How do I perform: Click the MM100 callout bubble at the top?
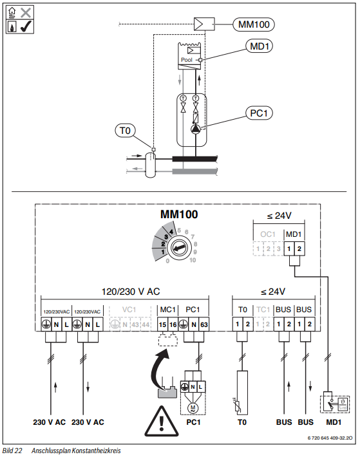(254, 24)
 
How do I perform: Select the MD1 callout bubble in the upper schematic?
(259, 46)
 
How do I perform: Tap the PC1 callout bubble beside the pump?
(258, 113)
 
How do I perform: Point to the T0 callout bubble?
(125, 131)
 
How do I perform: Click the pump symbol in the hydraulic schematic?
(195, 129)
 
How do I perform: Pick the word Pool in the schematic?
(187, 60)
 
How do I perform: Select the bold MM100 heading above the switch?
(179, 214)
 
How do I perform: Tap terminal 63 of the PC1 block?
(204, 324)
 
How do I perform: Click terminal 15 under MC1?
(162, 324)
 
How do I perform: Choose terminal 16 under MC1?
(173, 324)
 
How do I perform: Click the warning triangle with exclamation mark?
(161, 421)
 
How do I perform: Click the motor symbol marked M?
(193, 407)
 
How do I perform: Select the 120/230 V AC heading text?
(131, 292)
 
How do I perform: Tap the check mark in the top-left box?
(26, 27)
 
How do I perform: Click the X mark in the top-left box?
(26, 13)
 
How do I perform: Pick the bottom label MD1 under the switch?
(334, 422)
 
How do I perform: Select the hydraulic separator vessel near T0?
(150, 165)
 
